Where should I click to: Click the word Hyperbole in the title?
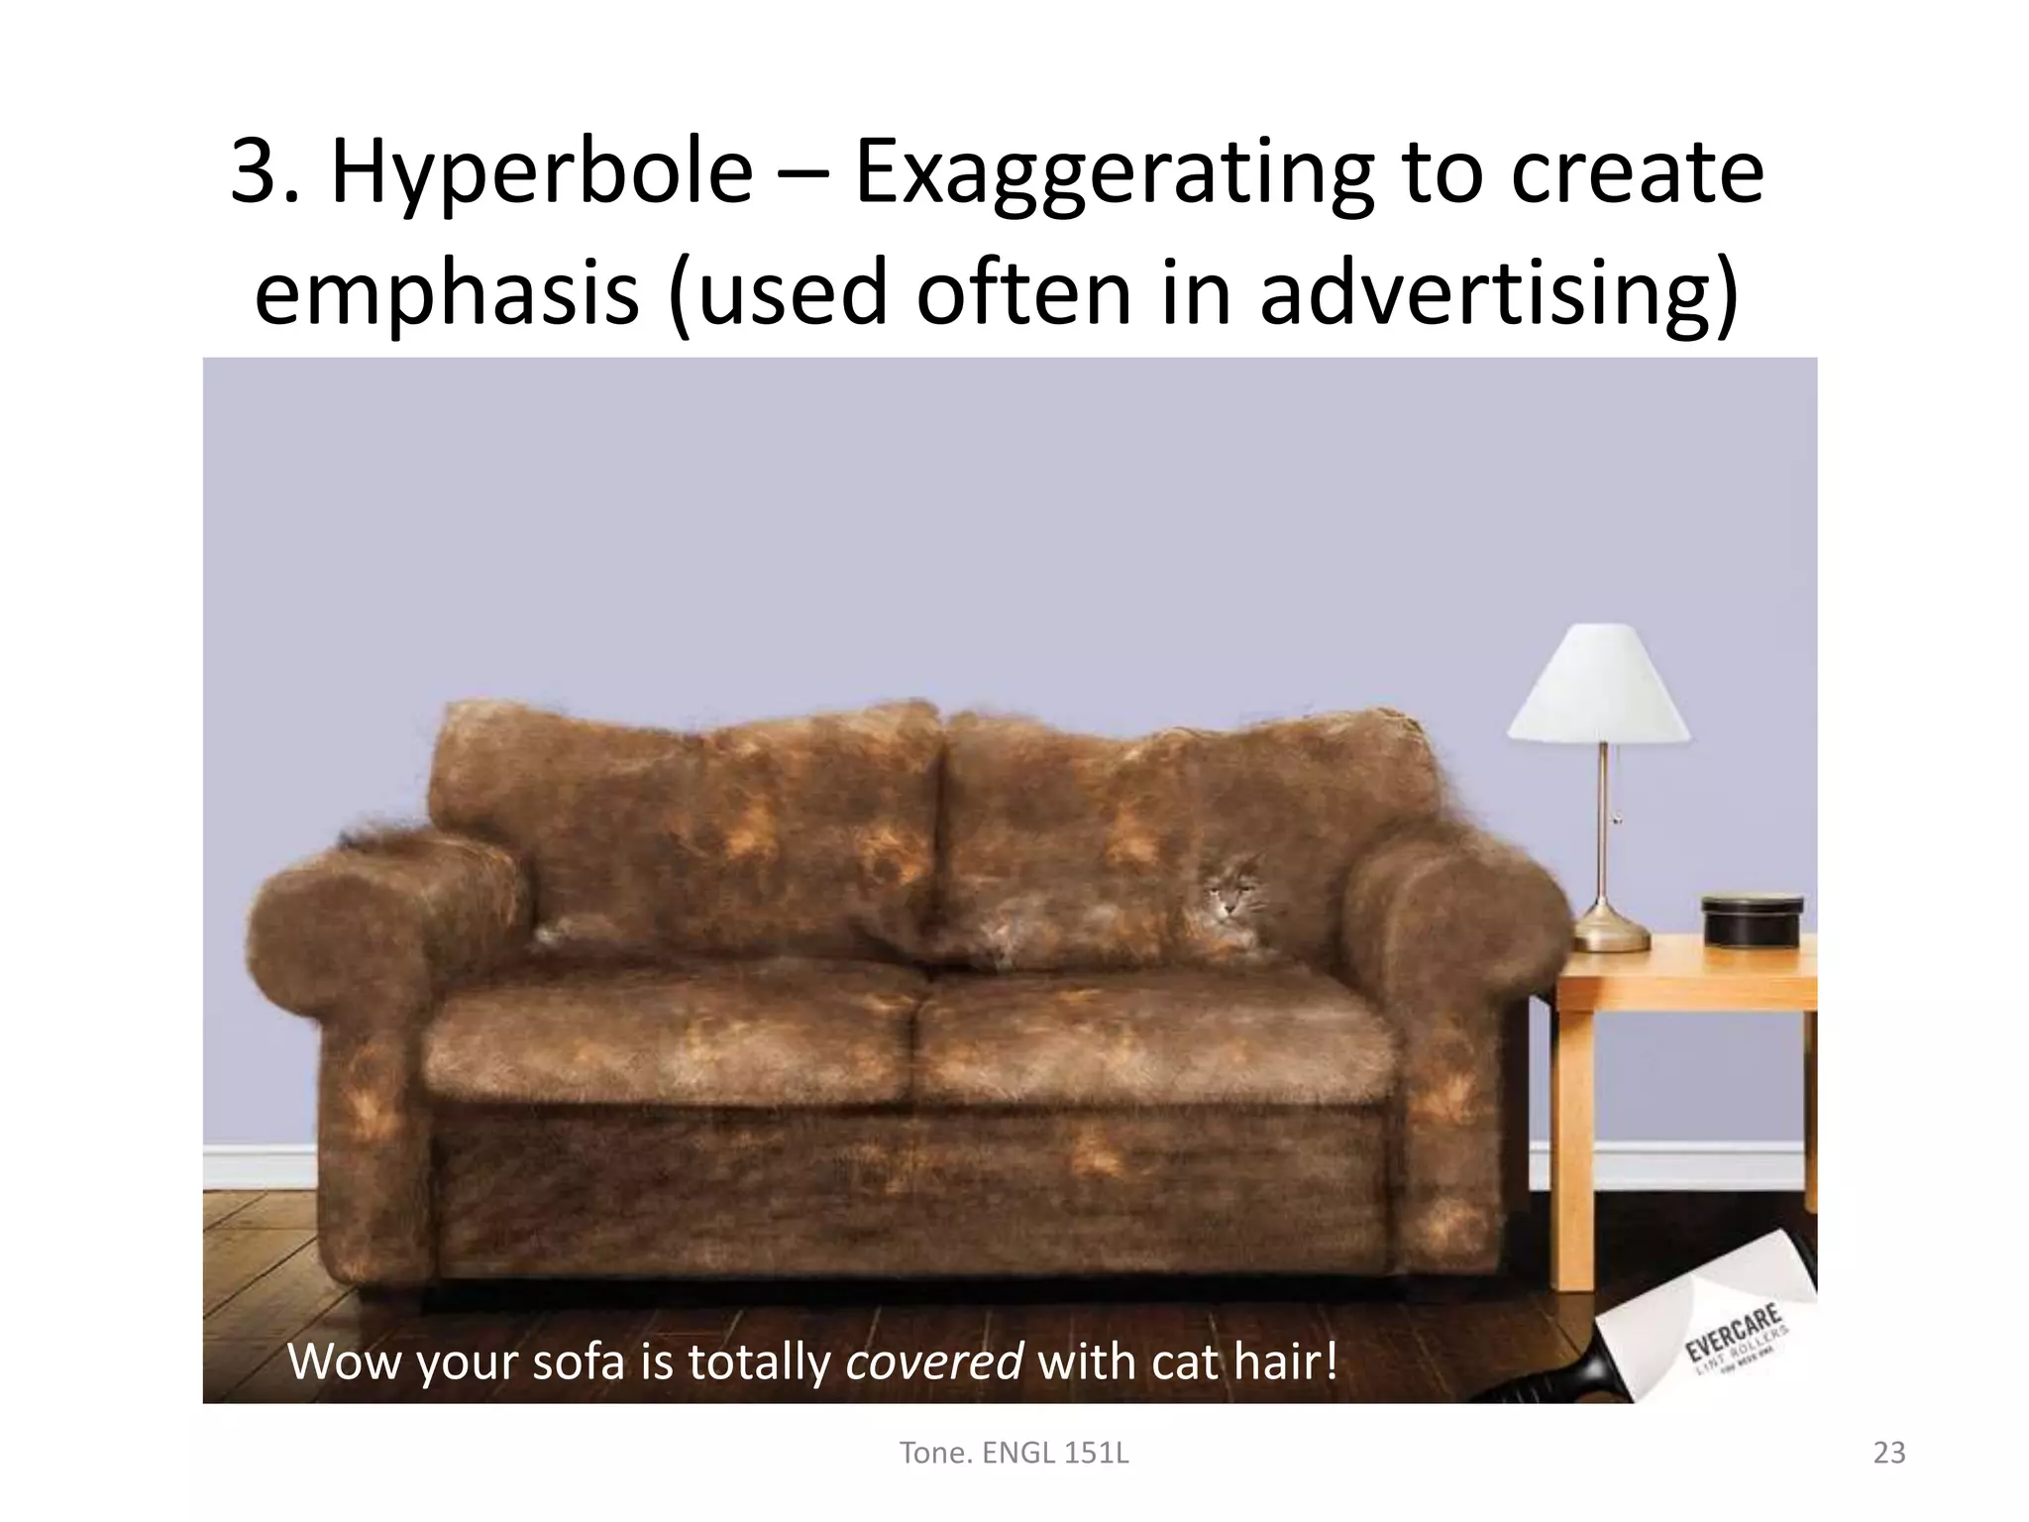point(540,174)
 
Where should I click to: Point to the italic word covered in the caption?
point(934,1362)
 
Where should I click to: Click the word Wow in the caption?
point(346,1362)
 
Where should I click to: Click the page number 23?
point(1888,1454)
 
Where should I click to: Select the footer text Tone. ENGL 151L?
point(1013,1454)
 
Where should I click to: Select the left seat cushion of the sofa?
point(674,1050)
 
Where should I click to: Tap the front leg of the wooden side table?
point(1572,1140)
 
